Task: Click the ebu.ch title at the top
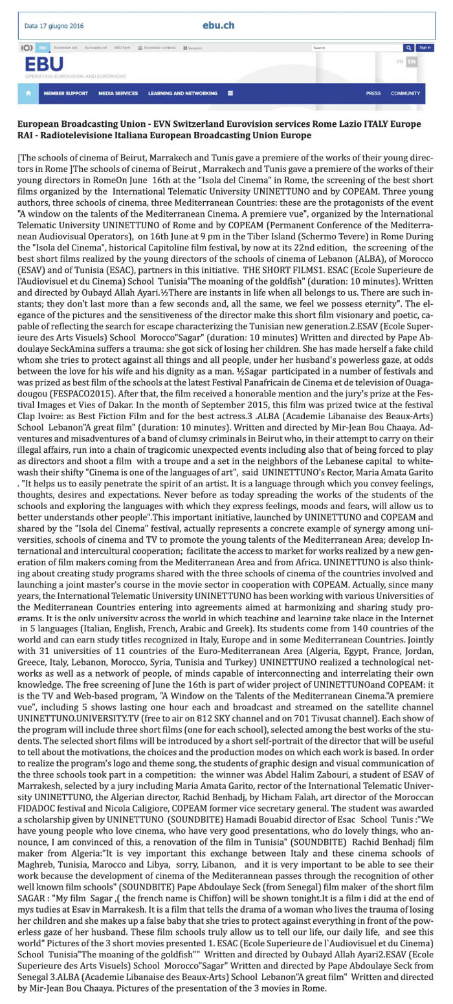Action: [218, 26]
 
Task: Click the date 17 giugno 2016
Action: [54, 26]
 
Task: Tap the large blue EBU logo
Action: [44, 64]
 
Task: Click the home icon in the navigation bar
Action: [28, 93]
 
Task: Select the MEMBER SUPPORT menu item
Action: [65, 93]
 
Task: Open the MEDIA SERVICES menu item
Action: [118, 93]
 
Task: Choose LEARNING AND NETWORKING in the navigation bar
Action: [182, 93]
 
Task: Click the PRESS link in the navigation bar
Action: [373, 93]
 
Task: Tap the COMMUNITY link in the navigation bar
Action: [405, 93]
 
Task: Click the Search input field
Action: [356, 48]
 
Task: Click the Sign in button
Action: [425, 48]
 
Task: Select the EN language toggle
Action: [411, 62]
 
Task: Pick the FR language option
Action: [400, 62]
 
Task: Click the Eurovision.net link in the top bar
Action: [65, 48]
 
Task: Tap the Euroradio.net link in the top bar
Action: [96, 48]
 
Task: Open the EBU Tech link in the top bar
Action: [122, 48]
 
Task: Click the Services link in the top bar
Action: [193, 48]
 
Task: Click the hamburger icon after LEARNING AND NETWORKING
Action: [230, 93]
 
